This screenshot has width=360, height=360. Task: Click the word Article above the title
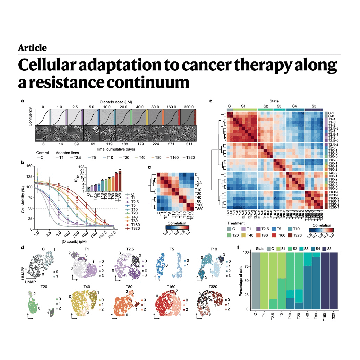32,48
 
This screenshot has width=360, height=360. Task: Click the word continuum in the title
142,82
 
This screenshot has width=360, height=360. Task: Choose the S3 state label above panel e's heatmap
279,105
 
